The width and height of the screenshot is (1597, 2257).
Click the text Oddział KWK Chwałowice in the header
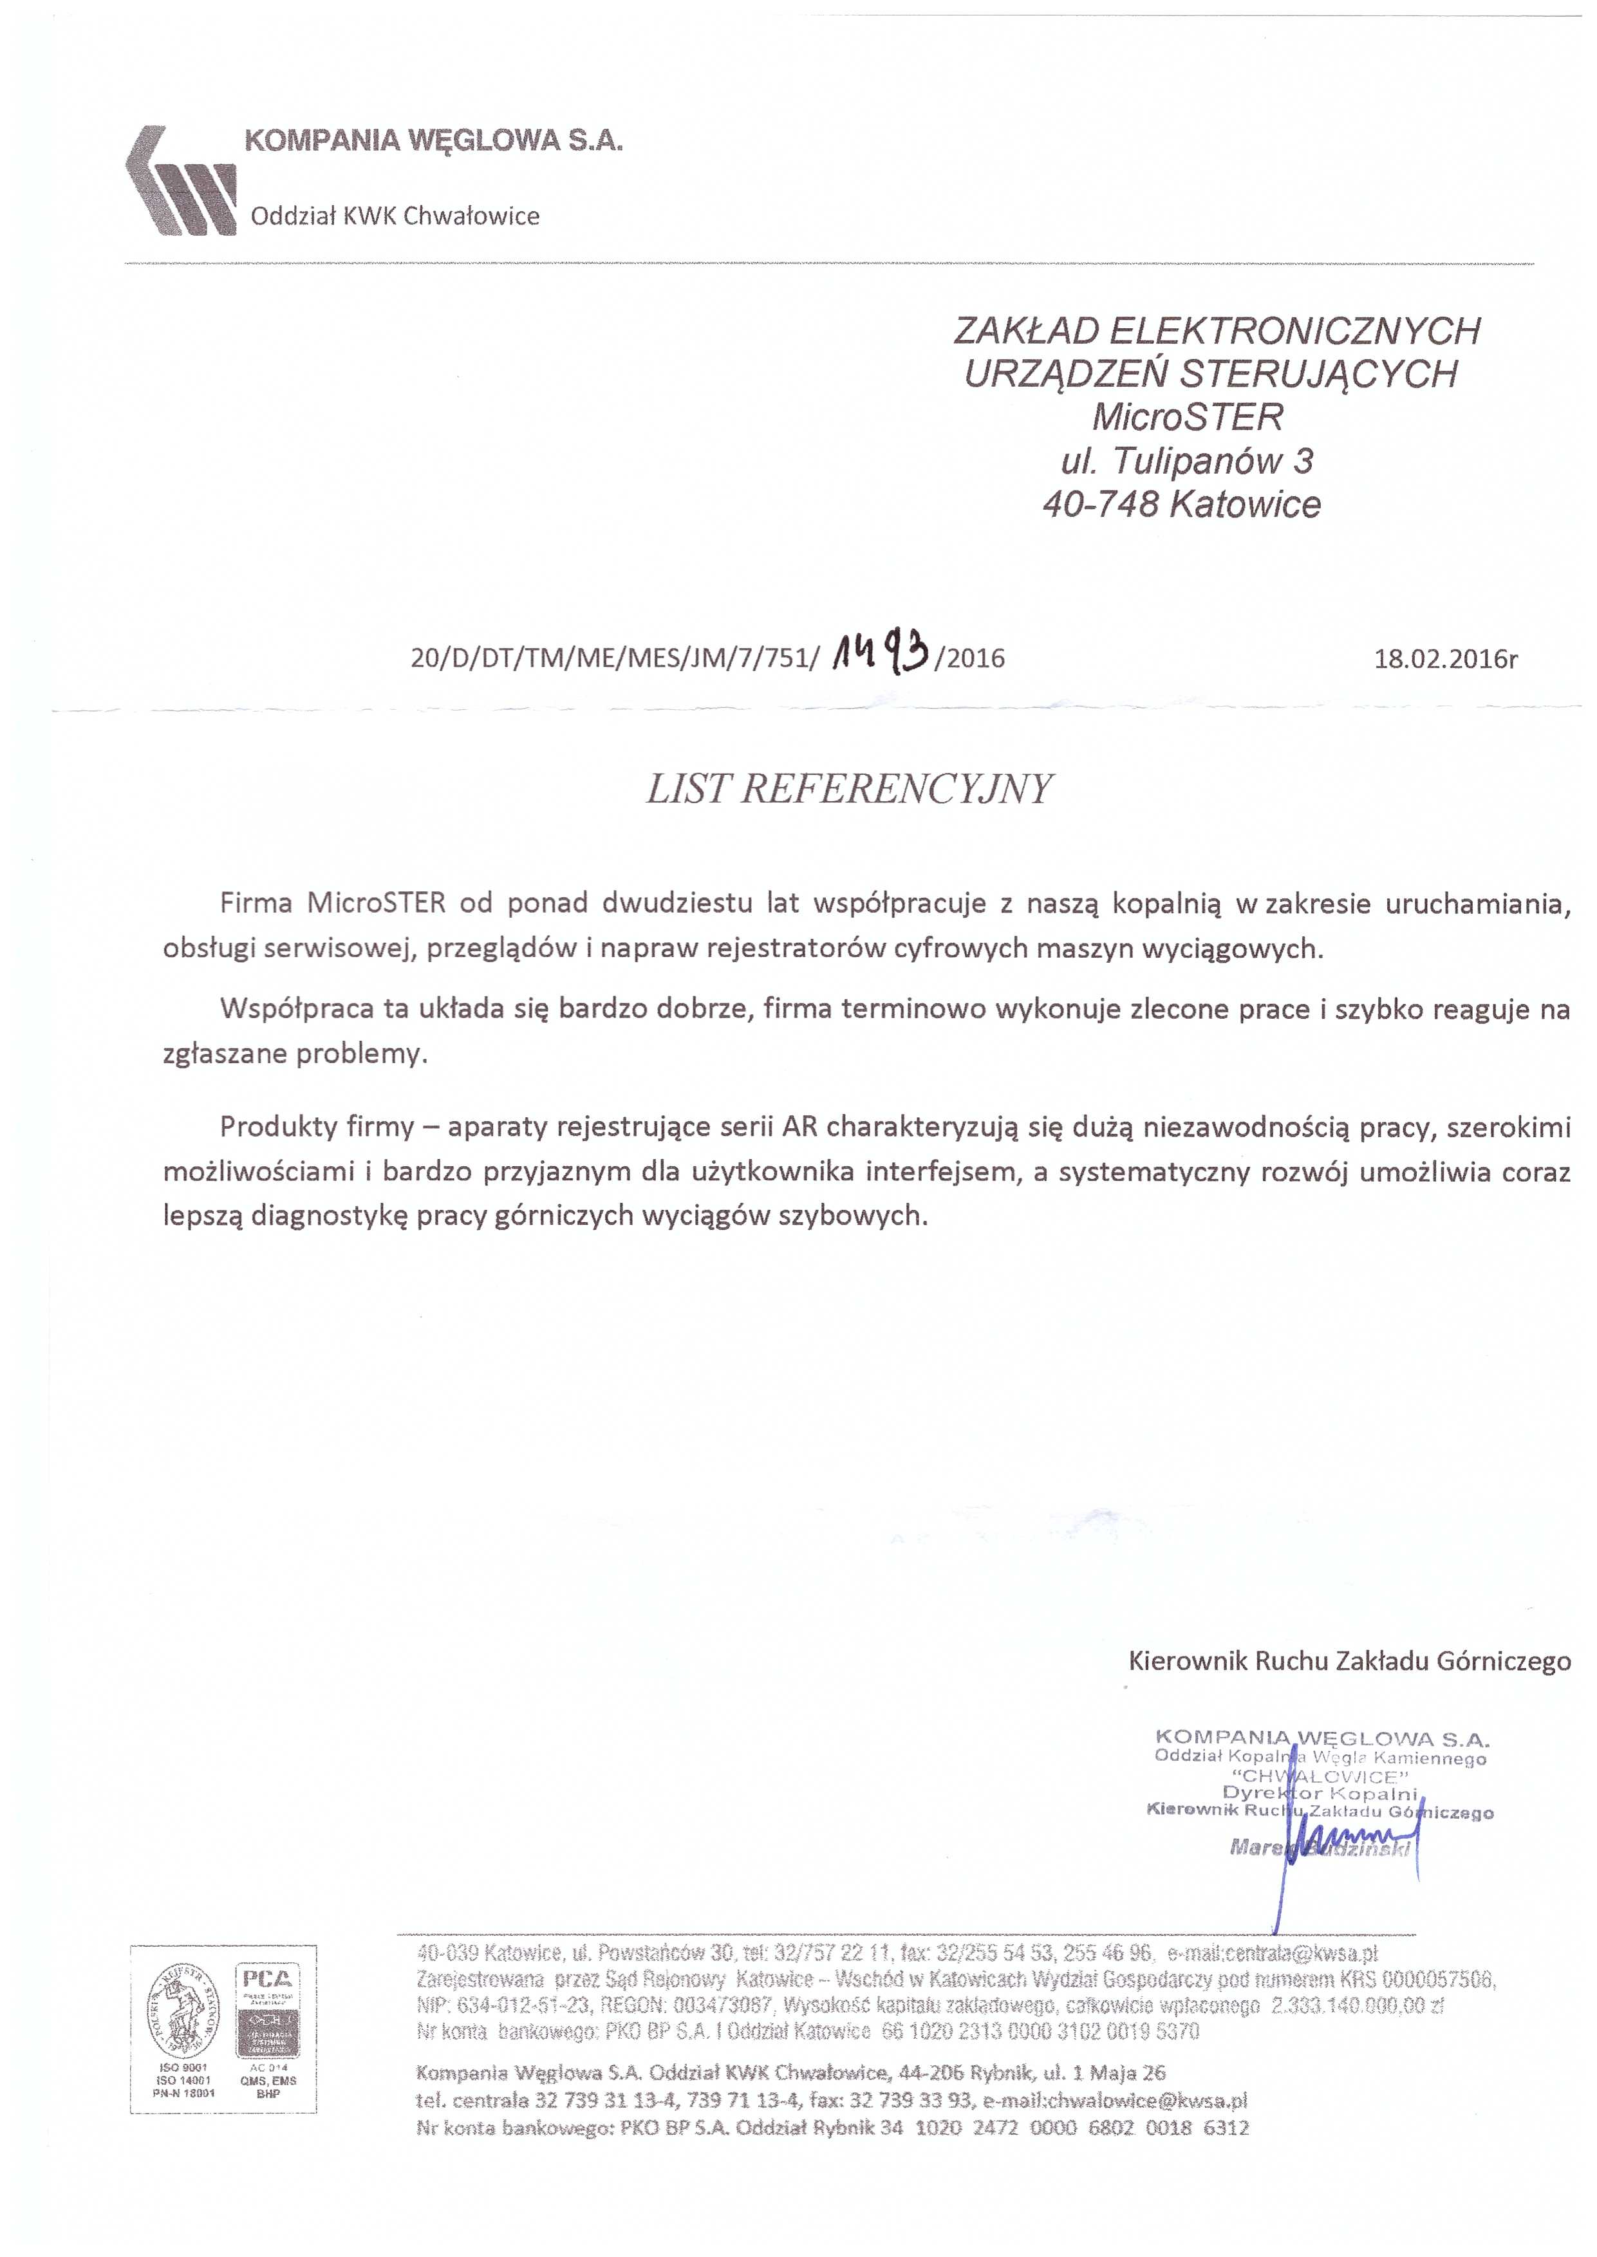395,216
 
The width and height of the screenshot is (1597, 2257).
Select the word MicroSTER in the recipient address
1187,418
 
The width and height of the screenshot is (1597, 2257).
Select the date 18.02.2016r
1444,658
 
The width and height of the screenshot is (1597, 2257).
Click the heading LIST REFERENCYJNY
850,790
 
